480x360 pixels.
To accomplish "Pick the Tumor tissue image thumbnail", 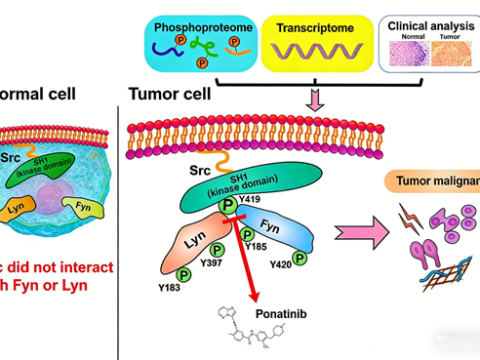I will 451,53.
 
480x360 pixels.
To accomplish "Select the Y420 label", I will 280,265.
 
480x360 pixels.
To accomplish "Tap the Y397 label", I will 213,261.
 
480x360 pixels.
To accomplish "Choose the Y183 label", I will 171,287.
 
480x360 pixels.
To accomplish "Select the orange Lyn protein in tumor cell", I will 192,235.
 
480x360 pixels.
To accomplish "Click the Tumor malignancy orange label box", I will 448,180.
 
